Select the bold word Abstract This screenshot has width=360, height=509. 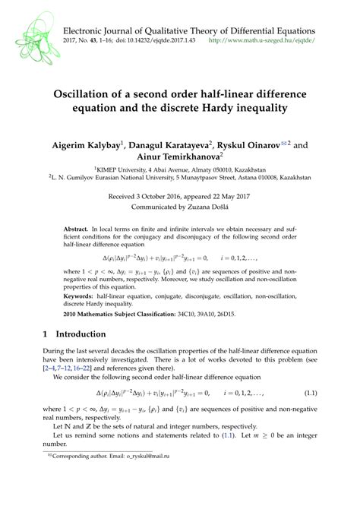(75, 229)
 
